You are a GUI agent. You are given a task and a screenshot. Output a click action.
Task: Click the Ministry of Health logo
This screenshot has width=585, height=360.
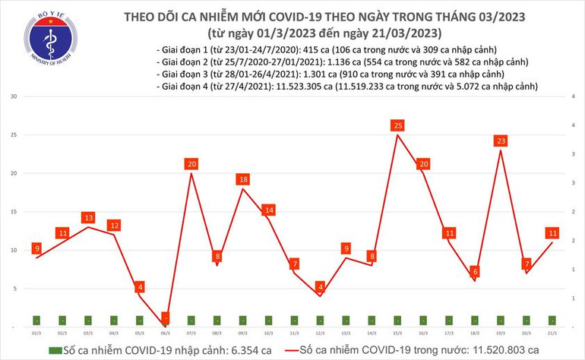click(x=50, y=46)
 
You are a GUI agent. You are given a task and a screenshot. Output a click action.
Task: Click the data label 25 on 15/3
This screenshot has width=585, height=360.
click(x=397, y=125)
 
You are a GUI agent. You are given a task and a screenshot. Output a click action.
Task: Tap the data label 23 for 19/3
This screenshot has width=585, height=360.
click(x=501, y=141)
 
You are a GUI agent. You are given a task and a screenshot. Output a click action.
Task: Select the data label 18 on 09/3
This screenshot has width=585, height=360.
click(x=243, y=179)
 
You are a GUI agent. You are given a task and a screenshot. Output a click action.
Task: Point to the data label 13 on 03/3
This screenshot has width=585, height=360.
click(x=88, y=218)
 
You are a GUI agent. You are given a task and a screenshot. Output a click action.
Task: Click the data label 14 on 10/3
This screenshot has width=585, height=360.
click(x=268, y=210)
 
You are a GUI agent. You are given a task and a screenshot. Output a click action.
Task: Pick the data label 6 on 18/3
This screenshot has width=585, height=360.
click(x=475, y=271)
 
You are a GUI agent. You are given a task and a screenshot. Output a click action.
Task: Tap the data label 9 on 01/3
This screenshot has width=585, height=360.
click(x=36, y=248)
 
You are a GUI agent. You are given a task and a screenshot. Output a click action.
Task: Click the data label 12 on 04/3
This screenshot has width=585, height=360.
click(x=114, y=225)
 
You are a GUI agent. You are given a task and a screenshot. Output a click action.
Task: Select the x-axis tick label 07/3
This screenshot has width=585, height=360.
click(x=191, y=333)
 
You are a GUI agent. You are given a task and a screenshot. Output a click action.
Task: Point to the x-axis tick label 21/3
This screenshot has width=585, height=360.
click(x=552, y=333)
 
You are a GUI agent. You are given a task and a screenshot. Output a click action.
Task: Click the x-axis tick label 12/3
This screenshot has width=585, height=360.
click(x=320, y=333)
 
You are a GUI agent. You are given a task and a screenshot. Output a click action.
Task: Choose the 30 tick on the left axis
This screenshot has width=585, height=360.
click(x=14, y=97)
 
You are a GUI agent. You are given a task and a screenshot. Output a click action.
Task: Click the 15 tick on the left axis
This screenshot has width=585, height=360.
click(x=14, y=212)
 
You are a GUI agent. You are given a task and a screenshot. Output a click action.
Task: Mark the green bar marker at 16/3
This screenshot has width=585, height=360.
click(x=423, y=321)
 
